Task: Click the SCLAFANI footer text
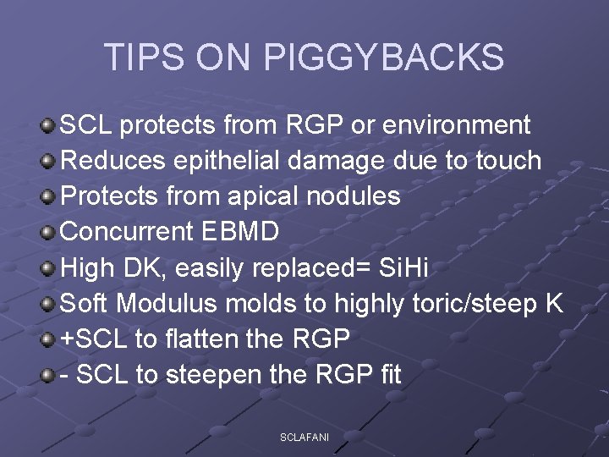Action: pos(304,437)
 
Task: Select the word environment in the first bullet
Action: pos(457,125)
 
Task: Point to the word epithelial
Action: pos(225,161)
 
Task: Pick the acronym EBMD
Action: pos(249,232)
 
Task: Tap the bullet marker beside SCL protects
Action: pos(49,126)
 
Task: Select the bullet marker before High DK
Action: pos(49,268)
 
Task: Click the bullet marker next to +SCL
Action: pos(49,339)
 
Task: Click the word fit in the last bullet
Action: pos(390,374)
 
